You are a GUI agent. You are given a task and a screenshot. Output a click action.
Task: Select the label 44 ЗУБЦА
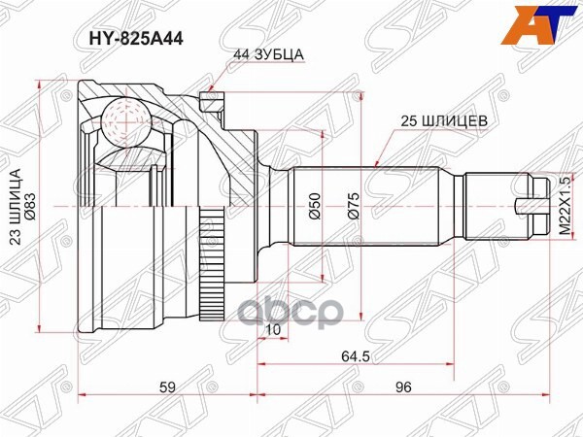(270, 56)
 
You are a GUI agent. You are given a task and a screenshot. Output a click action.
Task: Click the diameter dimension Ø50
(314, 207)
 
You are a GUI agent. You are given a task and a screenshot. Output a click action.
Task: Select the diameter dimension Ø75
(354, 207)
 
